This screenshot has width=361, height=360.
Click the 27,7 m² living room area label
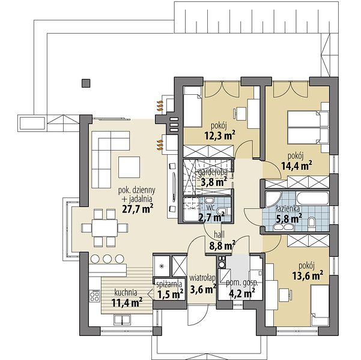[138, 209]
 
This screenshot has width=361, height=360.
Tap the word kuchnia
[126, 293]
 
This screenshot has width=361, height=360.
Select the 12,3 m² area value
[220, 135]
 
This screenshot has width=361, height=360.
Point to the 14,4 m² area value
[297, 165]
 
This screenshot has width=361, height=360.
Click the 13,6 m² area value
[308, 275]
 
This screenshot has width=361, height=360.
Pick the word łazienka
[288, 209]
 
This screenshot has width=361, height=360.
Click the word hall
[219, 235]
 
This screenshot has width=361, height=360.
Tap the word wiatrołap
[202, 278]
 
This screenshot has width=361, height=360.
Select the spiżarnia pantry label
[169, 285]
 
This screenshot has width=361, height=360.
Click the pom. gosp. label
[242, 283]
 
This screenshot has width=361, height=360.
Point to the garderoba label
[213, 172]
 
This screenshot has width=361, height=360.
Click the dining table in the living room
[105, 228]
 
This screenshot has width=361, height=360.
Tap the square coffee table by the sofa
[129, 167]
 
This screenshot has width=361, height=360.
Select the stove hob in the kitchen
[95, 296]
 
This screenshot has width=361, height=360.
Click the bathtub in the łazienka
[312, 198]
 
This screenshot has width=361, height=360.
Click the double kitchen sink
[122, 320]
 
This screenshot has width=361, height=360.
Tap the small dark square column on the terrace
[86, 83]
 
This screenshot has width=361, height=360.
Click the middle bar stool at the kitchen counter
[108, 259]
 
